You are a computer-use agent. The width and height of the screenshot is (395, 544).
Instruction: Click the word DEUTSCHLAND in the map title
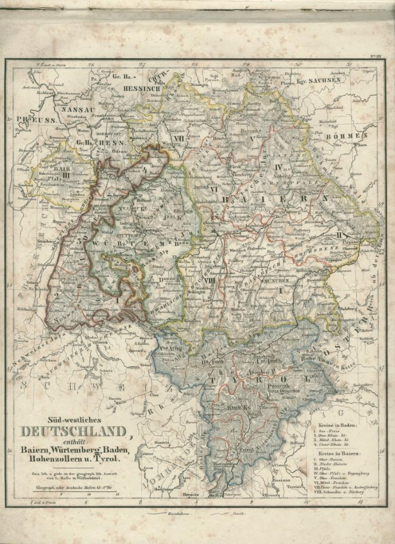74,432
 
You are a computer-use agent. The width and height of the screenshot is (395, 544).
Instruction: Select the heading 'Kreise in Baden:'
338,425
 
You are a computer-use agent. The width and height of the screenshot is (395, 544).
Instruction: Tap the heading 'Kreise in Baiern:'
338,453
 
